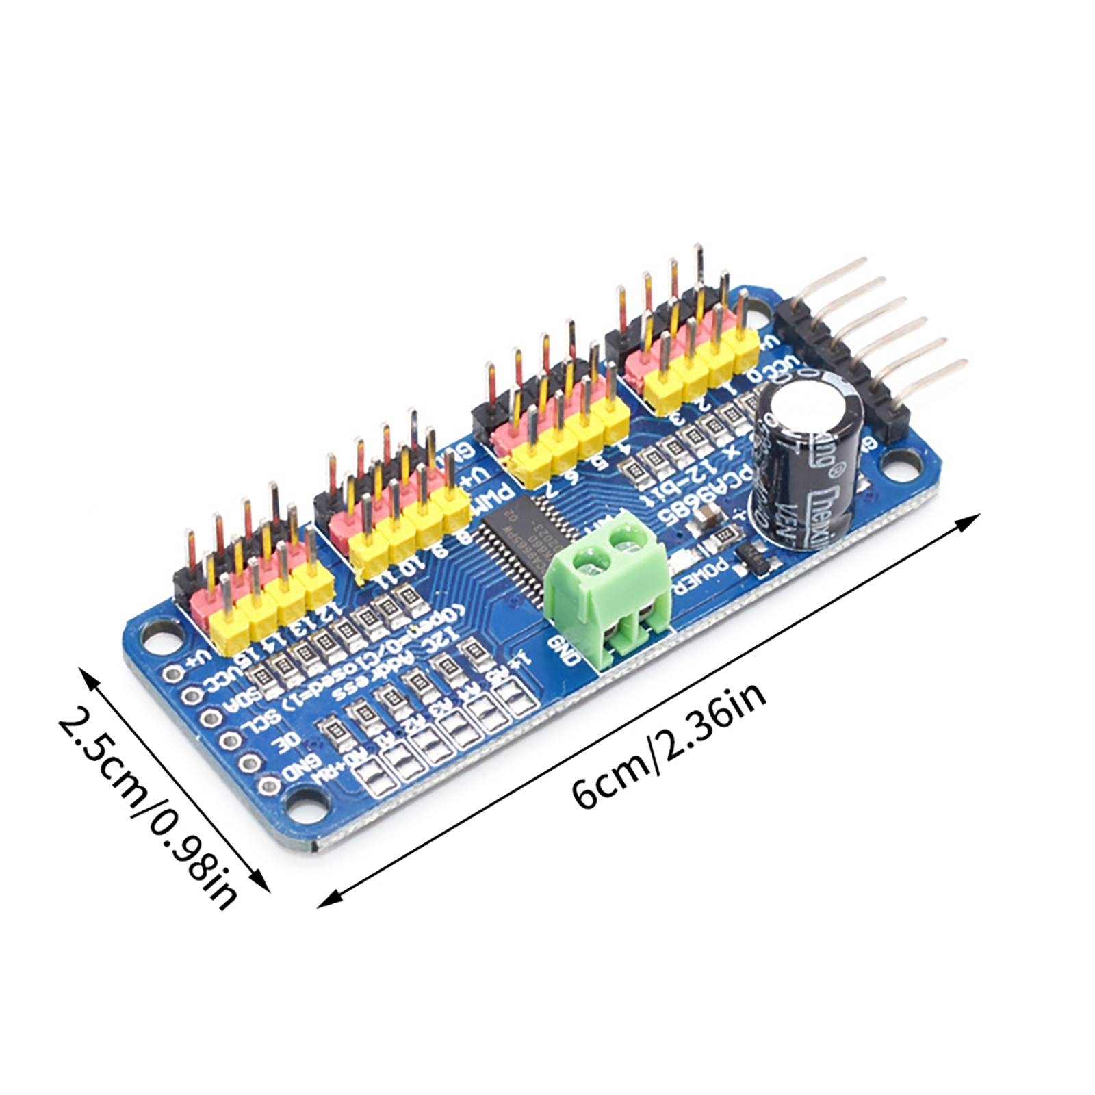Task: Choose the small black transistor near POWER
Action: tap(756, 558)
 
